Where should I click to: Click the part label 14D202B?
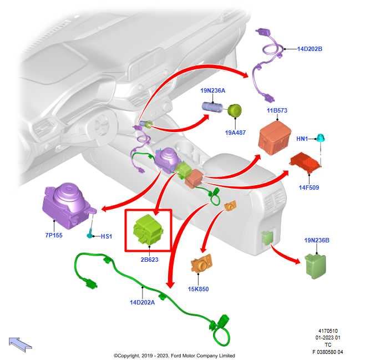[310, 49]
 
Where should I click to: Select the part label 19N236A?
[212, 90]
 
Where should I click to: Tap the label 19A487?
[235, 133]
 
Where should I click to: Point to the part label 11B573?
[277, 110]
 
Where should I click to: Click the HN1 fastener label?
[302, 139]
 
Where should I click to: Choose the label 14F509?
[309, 187]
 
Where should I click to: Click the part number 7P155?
[54, 235]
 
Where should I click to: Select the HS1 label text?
[107, 236]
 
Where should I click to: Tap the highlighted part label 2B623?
[150, 260]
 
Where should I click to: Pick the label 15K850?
[198, 289]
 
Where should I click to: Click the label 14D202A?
[142, 302]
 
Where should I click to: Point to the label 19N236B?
[317, 240]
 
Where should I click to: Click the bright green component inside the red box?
[148, 229]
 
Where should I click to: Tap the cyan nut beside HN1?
[321, 138]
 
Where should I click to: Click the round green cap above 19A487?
[234, 110]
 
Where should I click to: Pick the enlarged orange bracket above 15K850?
[201, 263]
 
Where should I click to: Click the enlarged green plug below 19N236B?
[315, 266]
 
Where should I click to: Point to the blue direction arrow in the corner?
[20, 344]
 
